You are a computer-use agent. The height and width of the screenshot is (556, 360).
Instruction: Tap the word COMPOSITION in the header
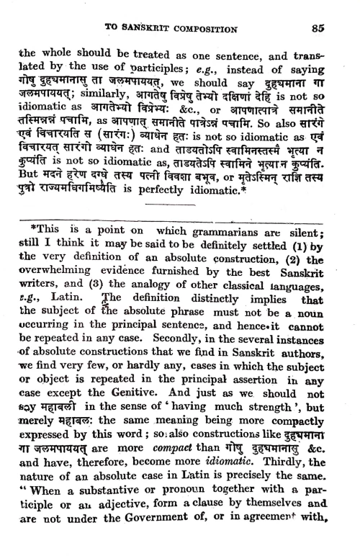coord(207,30)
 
